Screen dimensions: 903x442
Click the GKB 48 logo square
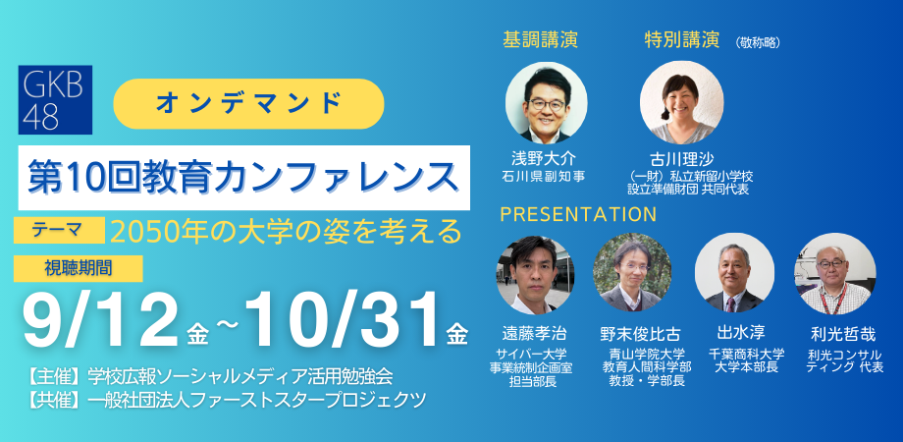point(55,99)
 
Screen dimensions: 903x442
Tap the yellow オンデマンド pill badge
point(248,104)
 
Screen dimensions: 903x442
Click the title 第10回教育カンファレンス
point(244,178)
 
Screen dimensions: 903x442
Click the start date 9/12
point(100,322)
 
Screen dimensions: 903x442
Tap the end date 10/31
point(344,322)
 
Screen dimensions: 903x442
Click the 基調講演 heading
point(540,39)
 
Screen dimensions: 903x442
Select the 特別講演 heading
point(682,39)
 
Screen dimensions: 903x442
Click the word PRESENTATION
point(578,214)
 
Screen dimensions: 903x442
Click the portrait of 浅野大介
point(547,102)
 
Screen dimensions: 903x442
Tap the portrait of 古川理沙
point(682,102)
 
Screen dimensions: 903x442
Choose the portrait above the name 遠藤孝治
point(535,274)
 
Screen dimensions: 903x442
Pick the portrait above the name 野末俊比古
point(632,273)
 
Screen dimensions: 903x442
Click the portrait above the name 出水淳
point(734,273)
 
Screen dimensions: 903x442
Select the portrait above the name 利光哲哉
point(835,273)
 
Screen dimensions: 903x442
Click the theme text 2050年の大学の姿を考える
point(287,232)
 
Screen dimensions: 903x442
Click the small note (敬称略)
point(758,42)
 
